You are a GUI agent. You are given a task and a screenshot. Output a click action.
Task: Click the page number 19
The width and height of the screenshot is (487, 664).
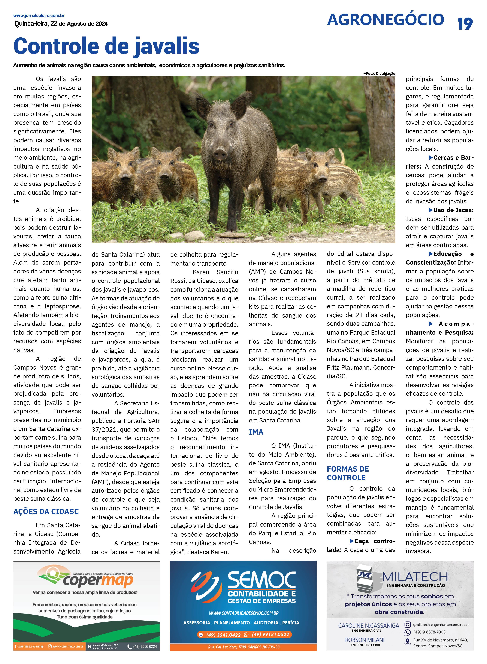(x=465, y=24)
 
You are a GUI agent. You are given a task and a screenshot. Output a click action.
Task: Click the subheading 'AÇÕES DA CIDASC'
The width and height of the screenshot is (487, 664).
(x=46, y=511)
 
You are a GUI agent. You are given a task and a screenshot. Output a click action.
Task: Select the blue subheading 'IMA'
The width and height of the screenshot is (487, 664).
(x=256, y=432)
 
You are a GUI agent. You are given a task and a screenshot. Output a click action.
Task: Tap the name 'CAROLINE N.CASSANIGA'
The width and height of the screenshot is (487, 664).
(x=369, y=625)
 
